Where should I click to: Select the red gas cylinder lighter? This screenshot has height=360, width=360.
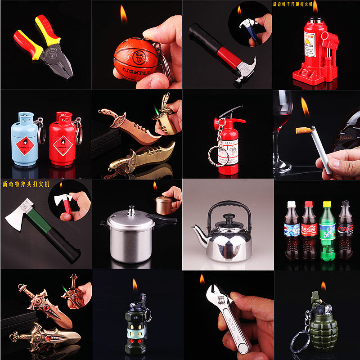63,139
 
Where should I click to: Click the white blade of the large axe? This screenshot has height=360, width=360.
19,218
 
